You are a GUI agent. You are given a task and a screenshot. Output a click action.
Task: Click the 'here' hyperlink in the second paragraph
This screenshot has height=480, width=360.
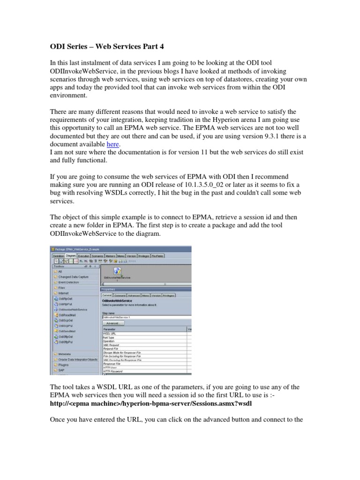[x=112, y=144]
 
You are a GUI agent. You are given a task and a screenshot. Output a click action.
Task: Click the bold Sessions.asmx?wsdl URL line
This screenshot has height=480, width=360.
[x=151, y=404]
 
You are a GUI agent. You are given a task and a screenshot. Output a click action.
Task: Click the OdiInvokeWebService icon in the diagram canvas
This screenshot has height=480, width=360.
[x=117, y=271]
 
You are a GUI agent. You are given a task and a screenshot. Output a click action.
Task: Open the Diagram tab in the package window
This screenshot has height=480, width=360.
[x=71, y=255]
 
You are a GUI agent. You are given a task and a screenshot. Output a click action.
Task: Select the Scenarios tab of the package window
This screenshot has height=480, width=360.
[x=97, y=255]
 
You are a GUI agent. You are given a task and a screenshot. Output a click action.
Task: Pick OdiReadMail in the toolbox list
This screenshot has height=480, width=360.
[x=69, y=315]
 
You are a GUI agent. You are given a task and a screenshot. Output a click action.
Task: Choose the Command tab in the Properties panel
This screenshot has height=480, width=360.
[x=120, y=296]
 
